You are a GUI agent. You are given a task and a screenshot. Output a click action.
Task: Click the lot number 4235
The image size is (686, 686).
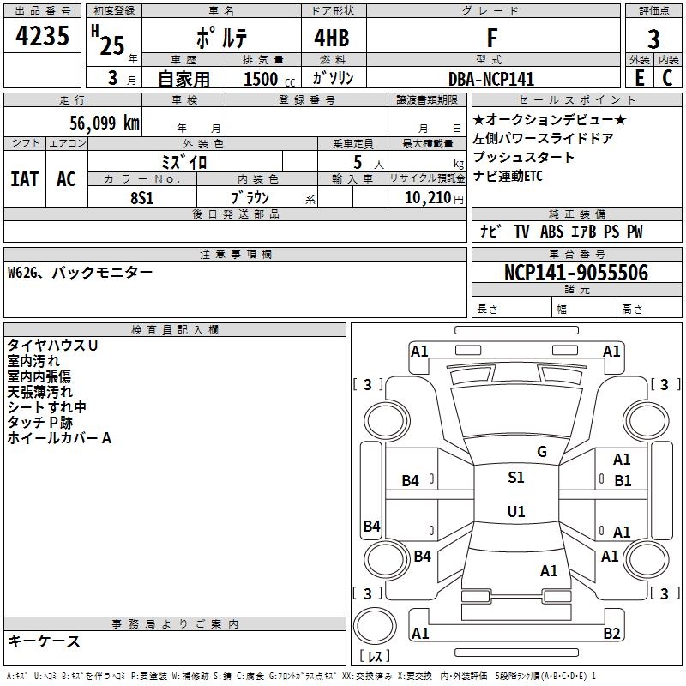[x=42, y=38]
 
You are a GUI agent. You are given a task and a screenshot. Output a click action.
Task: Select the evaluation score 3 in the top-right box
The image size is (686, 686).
[x=653, y=39]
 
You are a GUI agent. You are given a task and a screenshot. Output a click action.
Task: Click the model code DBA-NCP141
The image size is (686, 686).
[x=491, y=79]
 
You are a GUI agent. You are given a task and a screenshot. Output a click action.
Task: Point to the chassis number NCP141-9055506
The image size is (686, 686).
[x=576, y=273]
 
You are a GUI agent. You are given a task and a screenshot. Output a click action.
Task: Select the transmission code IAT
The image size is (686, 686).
[x=25, y=179]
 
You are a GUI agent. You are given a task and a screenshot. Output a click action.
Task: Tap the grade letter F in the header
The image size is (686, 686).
[x=491, y=39]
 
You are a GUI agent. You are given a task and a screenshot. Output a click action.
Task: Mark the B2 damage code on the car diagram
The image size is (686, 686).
[x=611, y=634]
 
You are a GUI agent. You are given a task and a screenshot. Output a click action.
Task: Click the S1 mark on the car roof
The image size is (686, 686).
[x=515, y=478]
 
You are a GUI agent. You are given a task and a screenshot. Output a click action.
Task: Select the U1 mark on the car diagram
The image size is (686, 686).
[x=515, y=511]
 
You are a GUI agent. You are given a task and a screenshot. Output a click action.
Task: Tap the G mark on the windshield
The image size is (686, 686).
[x=541, y=451]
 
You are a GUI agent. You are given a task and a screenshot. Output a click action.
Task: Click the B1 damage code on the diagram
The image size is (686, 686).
[x=623, y=480]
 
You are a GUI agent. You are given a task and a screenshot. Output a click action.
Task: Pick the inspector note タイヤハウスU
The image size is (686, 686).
[x=52, y=345]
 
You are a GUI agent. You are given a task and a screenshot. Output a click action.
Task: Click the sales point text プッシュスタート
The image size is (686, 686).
[x=524, y=157]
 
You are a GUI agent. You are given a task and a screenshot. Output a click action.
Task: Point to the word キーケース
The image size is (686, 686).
[x=44, y=641]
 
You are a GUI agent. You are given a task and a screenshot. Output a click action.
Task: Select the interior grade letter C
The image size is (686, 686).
[x=667, y=79]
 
